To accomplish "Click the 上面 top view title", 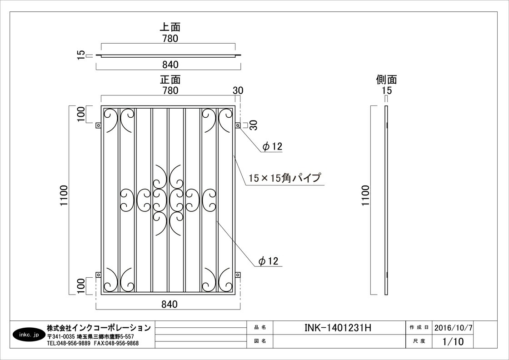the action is click(x=170, y=27).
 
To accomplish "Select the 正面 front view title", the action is click(x=170, y=80).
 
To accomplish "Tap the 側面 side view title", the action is click(x=386, y=80).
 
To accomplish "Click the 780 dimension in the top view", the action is click(x=170, y=38).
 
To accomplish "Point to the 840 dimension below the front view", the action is click(x=170, y=304).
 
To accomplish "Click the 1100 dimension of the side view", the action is click(x=366, y=195).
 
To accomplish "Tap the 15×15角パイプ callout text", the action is click(x=284, y=178).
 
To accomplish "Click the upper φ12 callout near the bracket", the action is click(x=273, y=146).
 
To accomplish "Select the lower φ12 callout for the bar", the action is click(x=269, y=260).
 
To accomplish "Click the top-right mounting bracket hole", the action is click(x=238, y=125).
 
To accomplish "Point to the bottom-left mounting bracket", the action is click(x=98, y=275).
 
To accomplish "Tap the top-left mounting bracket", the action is click(x=98, y=125).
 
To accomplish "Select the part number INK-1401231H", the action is click(x=338, y=328).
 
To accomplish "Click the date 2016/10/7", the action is click(x=454, y=328).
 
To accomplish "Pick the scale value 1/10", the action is click(x=453, y=341).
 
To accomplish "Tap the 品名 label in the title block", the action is click(x=260, y=328).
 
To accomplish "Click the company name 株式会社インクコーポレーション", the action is click(x=99, y=328).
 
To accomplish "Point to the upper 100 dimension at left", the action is click(x=81, y=114).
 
